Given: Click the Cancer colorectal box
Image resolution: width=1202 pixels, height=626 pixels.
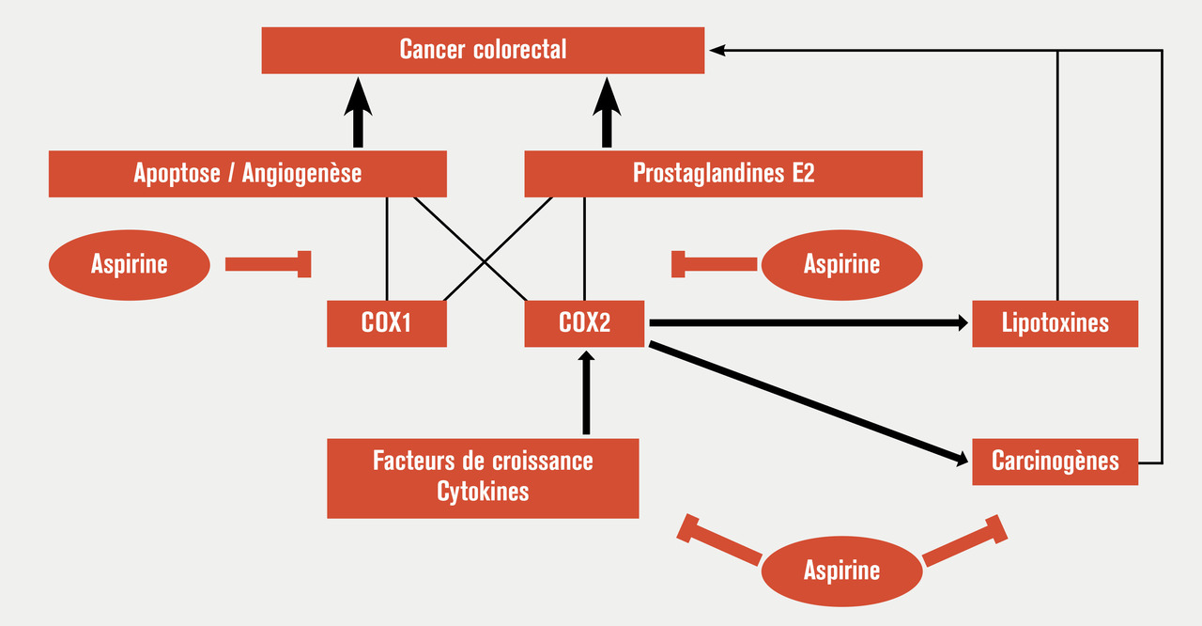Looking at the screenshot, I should (x=483, y=50).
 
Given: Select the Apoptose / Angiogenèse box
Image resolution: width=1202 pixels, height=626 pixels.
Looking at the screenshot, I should (x=247, y=174).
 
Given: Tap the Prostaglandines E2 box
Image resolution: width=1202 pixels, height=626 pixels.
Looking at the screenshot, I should (x=723, y=174).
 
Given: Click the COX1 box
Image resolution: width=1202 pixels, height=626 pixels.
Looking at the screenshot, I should (x=387, y=323).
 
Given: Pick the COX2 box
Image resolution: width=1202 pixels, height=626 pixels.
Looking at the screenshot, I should (x=584, y=323).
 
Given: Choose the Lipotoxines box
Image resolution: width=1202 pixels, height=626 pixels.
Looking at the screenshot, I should (x=1055, y=323).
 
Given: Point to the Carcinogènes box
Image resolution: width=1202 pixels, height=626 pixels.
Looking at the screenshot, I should (x=1055, y=462).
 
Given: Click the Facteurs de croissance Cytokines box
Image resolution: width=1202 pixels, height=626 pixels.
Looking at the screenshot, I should (x=483, y=477).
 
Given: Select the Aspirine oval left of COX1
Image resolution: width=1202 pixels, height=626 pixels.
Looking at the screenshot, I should (x=129, y=264).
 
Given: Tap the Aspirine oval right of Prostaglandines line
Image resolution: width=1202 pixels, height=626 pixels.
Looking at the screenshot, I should (x=841, y=264).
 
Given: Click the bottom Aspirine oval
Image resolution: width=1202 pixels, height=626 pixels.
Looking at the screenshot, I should (x=841, y=570).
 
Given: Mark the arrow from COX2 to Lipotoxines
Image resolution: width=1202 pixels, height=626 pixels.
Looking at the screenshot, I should (x=808, y=323).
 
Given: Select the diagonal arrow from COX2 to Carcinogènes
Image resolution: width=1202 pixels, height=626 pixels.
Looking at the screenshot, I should (x=808, y=403).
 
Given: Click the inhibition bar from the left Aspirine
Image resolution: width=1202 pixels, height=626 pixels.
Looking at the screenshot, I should (x=268, y=264).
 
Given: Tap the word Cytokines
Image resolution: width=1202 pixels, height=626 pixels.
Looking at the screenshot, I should (x=483, y=492).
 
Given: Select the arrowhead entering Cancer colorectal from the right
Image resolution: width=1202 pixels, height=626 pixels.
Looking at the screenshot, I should (x=717, y=50).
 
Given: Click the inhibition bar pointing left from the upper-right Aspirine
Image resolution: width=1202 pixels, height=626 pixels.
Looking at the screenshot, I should (x=714, y=264).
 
